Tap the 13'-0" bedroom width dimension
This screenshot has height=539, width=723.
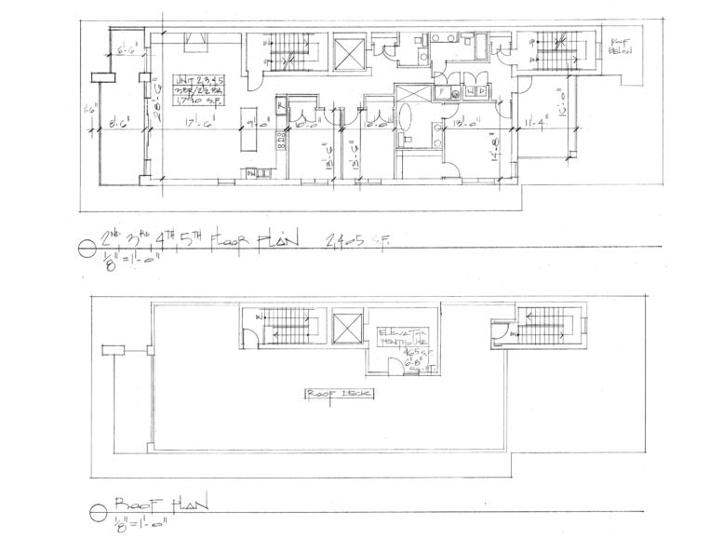point(464,123)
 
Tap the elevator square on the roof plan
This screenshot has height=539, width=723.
point(346,327)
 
